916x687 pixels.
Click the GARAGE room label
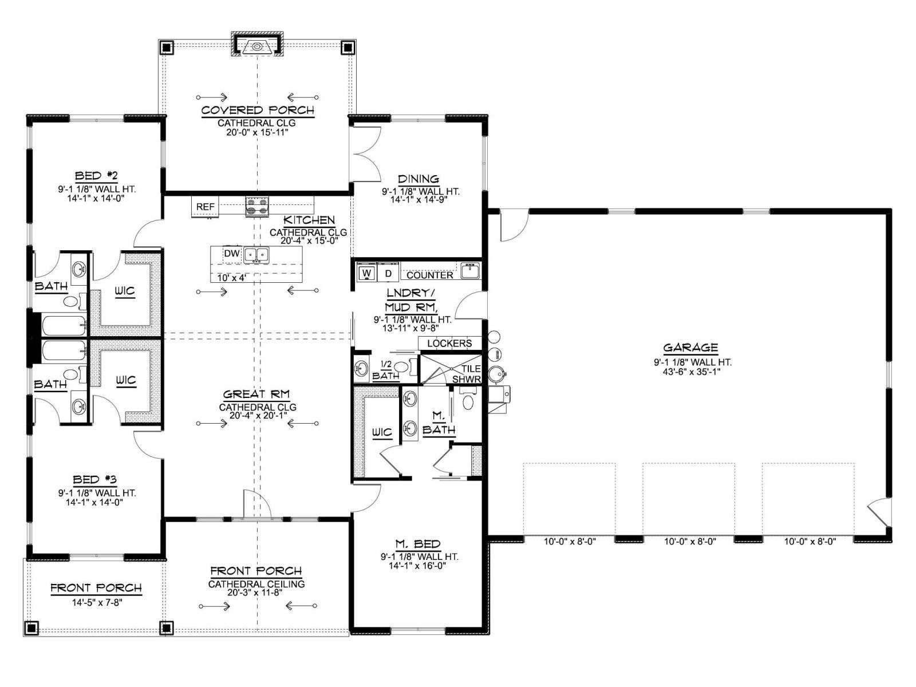point(690,348)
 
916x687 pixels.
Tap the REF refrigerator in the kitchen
point(206,207)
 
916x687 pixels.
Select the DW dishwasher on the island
point(232,253)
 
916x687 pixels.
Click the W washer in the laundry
point(367,273)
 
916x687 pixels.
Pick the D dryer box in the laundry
point(389,273)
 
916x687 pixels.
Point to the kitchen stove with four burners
point(257,207)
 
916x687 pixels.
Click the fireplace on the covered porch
point(258,44)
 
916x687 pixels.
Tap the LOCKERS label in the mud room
point(449,343)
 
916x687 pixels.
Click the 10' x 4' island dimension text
point(232,278)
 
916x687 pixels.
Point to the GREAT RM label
point(256,394)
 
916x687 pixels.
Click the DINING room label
point(418,179)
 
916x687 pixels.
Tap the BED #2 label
point(96,176)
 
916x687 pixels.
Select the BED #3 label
point(96,480)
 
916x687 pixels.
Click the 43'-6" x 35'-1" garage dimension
point(692,372)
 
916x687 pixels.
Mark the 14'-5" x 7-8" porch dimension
point(97,602)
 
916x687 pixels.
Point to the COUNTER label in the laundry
point(430,275)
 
